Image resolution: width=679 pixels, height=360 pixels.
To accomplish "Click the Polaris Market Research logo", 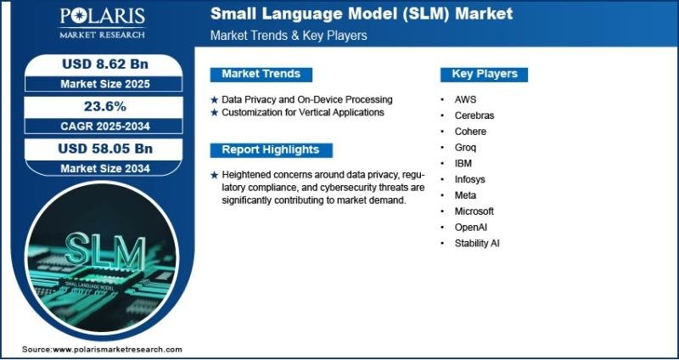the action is [x=102, y=24].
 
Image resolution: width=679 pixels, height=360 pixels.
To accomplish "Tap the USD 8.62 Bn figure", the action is [x=105, y=65].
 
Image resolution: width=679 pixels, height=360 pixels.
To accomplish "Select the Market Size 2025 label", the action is [x=105, y=84].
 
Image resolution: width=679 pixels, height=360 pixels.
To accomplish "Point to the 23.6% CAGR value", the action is [x=105, y=107].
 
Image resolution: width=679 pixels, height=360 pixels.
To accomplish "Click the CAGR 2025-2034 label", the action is [x=105, y=127].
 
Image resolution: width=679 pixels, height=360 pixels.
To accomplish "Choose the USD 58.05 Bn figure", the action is [x=105, y=149].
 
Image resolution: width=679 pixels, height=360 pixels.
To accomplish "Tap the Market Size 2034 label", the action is [x=105, y=168].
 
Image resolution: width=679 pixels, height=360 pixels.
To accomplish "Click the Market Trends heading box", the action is [x=261, y=74].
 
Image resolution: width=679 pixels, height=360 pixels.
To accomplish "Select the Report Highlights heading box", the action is [x=271, y=150].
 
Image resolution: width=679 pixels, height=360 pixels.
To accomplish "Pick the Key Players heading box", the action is [x=484, y=74].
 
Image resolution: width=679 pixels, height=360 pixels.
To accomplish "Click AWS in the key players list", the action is [x=465, y=99].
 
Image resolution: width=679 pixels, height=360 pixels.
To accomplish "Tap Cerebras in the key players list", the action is [x=474, y=115].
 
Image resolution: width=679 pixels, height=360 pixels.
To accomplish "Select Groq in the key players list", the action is [x=465, y=148].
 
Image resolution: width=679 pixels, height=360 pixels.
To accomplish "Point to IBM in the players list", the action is [x=463, y=164].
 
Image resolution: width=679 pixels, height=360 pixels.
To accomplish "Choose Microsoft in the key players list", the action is [x=474, y=211].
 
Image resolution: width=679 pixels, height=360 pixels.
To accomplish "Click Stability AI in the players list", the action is [x=477, y=244].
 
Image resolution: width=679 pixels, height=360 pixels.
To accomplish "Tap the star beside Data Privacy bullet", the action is [x=215, y=100].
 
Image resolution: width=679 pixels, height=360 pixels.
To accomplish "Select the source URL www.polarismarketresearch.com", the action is [x=117, y=350].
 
